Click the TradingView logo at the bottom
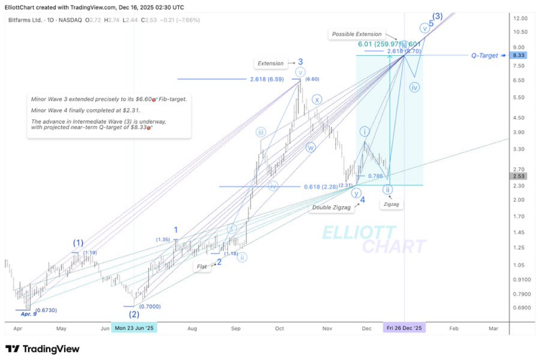pyautogui.click(x=43, y=349)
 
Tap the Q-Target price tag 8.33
pyautogui.click(x=518, y=55)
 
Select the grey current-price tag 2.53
pyautogui.click(x=518, y=176)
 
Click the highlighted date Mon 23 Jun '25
pyautogui.click(x=134, y=328)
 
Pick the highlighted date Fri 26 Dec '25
pyautogui.click(x=404, y=328)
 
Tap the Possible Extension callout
pyautogui.click(x=356, y=34)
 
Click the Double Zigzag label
pyautogui.click(x=331, y=208)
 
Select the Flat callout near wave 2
pyautogui.click(x=202, y=266)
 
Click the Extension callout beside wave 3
pyautogui.click(x=270, y=63)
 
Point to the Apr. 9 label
pyautogui.click(x=29, y=314)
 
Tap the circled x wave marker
pyautogui.click(x=317, y=99)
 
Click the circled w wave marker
pyautogui.click(x=310, y=147)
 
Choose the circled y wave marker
pyautogui.click(x=356, y=193)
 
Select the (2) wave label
pyautogui.click(x=134, y=314)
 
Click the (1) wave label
pyautogui.click(x=78, y=243)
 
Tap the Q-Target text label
pyautogui.click(x=485, y=56)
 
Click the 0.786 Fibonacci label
pyautogui.click(x=375, y=176)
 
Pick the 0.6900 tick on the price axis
pyautogui.click(x=521, y=307)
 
